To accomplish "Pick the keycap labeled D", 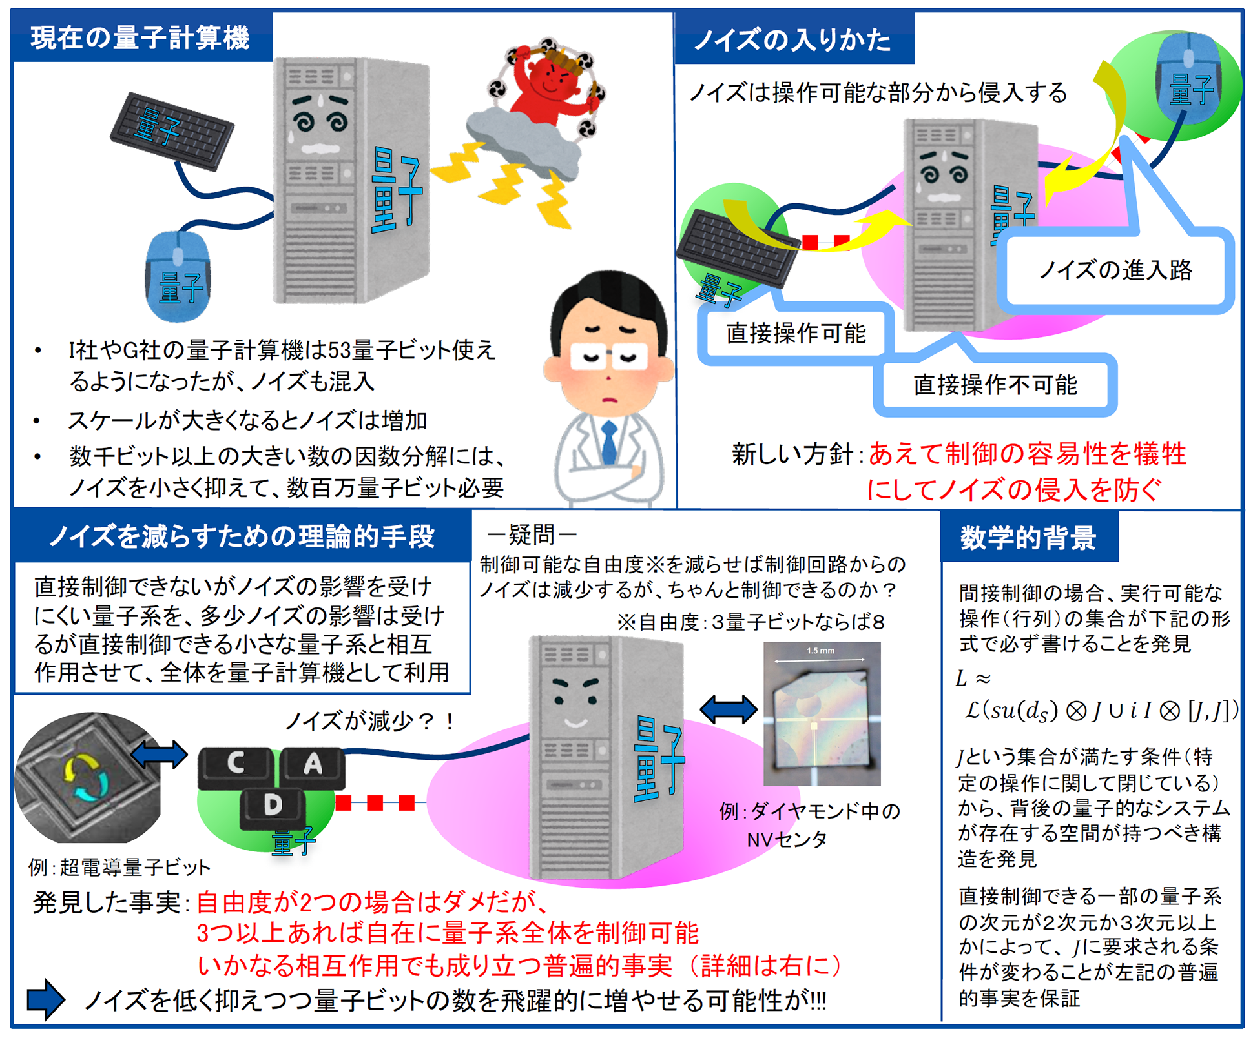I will point(273,806).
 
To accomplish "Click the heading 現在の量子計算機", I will point(140,37).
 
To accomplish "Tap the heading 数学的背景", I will point(1028,538).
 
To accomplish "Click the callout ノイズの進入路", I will point(1115,270).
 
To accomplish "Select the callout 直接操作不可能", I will point(995,385).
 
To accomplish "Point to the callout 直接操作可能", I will point(796,334).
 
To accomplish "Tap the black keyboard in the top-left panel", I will point(172,131).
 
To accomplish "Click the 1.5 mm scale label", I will point(820,651).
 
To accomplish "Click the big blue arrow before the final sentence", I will point(45,999).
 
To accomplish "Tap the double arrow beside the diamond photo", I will point(729,709).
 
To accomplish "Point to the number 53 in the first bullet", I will point(340,351).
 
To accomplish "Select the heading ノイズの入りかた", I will point(793,40).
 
